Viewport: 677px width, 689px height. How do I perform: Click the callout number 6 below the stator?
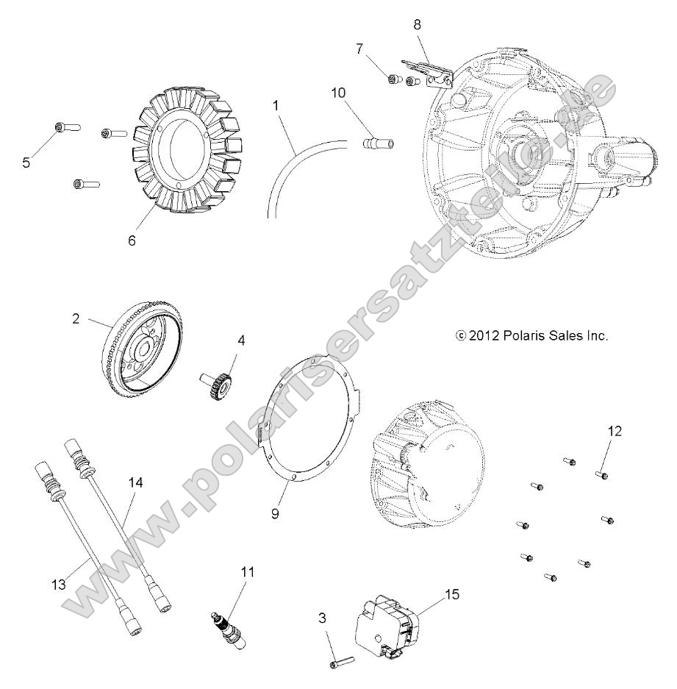[x=132, y=240]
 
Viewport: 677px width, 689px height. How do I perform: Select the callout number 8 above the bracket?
[x=418, y=24]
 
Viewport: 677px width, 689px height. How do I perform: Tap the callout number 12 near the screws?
[x=615, y=431]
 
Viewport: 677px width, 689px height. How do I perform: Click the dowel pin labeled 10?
[x=374, y=140]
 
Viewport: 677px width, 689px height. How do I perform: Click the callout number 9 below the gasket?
[x=275, y=514]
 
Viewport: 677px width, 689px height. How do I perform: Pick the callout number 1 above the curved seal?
[x=276, y=105]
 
